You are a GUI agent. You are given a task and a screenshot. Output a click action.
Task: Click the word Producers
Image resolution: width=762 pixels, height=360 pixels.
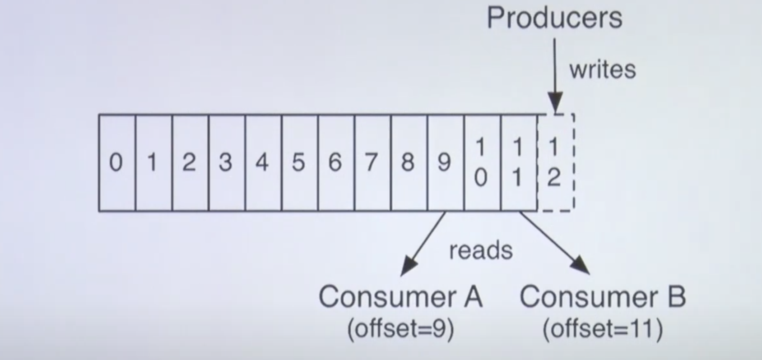[x=554, y=18]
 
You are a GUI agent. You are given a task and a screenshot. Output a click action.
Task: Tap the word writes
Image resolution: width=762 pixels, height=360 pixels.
[x=602, y=70]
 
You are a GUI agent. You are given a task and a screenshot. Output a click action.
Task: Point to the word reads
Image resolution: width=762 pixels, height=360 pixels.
[x=481, y=250]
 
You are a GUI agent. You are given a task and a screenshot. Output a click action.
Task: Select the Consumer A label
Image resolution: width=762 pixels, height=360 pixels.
[x=400, y=297]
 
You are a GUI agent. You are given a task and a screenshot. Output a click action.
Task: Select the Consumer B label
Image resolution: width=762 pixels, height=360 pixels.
[x=603, y=297]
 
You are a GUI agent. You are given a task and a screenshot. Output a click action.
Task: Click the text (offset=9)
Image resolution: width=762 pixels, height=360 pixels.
[x=400, y=328]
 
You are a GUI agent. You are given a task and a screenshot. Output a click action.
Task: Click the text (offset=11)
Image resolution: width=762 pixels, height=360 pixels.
[x=603, y=328]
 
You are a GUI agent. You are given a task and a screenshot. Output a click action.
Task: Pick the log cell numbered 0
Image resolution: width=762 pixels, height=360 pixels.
[x=116, y=162]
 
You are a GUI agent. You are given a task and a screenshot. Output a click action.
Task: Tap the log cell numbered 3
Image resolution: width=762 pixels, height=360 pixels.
[x=226, y=162]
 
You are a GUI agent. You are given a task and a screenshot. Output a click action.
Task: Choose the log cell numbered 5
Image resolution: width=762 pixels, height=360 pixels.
[x=299, y=162]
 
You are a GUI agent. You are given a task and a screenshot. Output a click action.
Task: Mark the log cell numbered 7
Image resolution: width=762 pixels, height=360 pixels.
[x=372, y=162]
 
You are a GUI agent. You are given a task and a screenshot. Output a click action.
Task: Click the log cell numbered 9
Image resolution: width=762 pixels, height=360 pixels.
[x=445, y=162]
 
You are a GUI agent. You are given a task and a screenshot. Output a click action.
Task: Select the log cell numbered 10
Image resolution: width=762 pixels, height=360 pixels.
[x=482, y=162]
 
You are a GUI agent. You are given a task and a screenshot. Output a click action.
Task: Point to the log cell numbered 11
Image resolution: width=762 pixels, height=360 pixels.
[x=518, y=162]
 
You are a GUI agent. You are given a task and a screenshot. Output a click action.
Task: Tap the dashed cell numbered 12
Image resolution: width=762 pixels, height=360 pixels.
[x=555, y=162]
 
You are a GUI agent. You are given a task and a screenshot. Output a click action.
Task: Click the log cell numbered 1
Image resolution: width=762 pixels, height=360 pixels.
[x=153, y=162]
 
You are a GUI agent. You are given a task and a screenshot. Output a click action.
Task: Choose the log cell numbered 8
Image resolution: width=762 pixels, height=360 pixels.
[x=409, y=162]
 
